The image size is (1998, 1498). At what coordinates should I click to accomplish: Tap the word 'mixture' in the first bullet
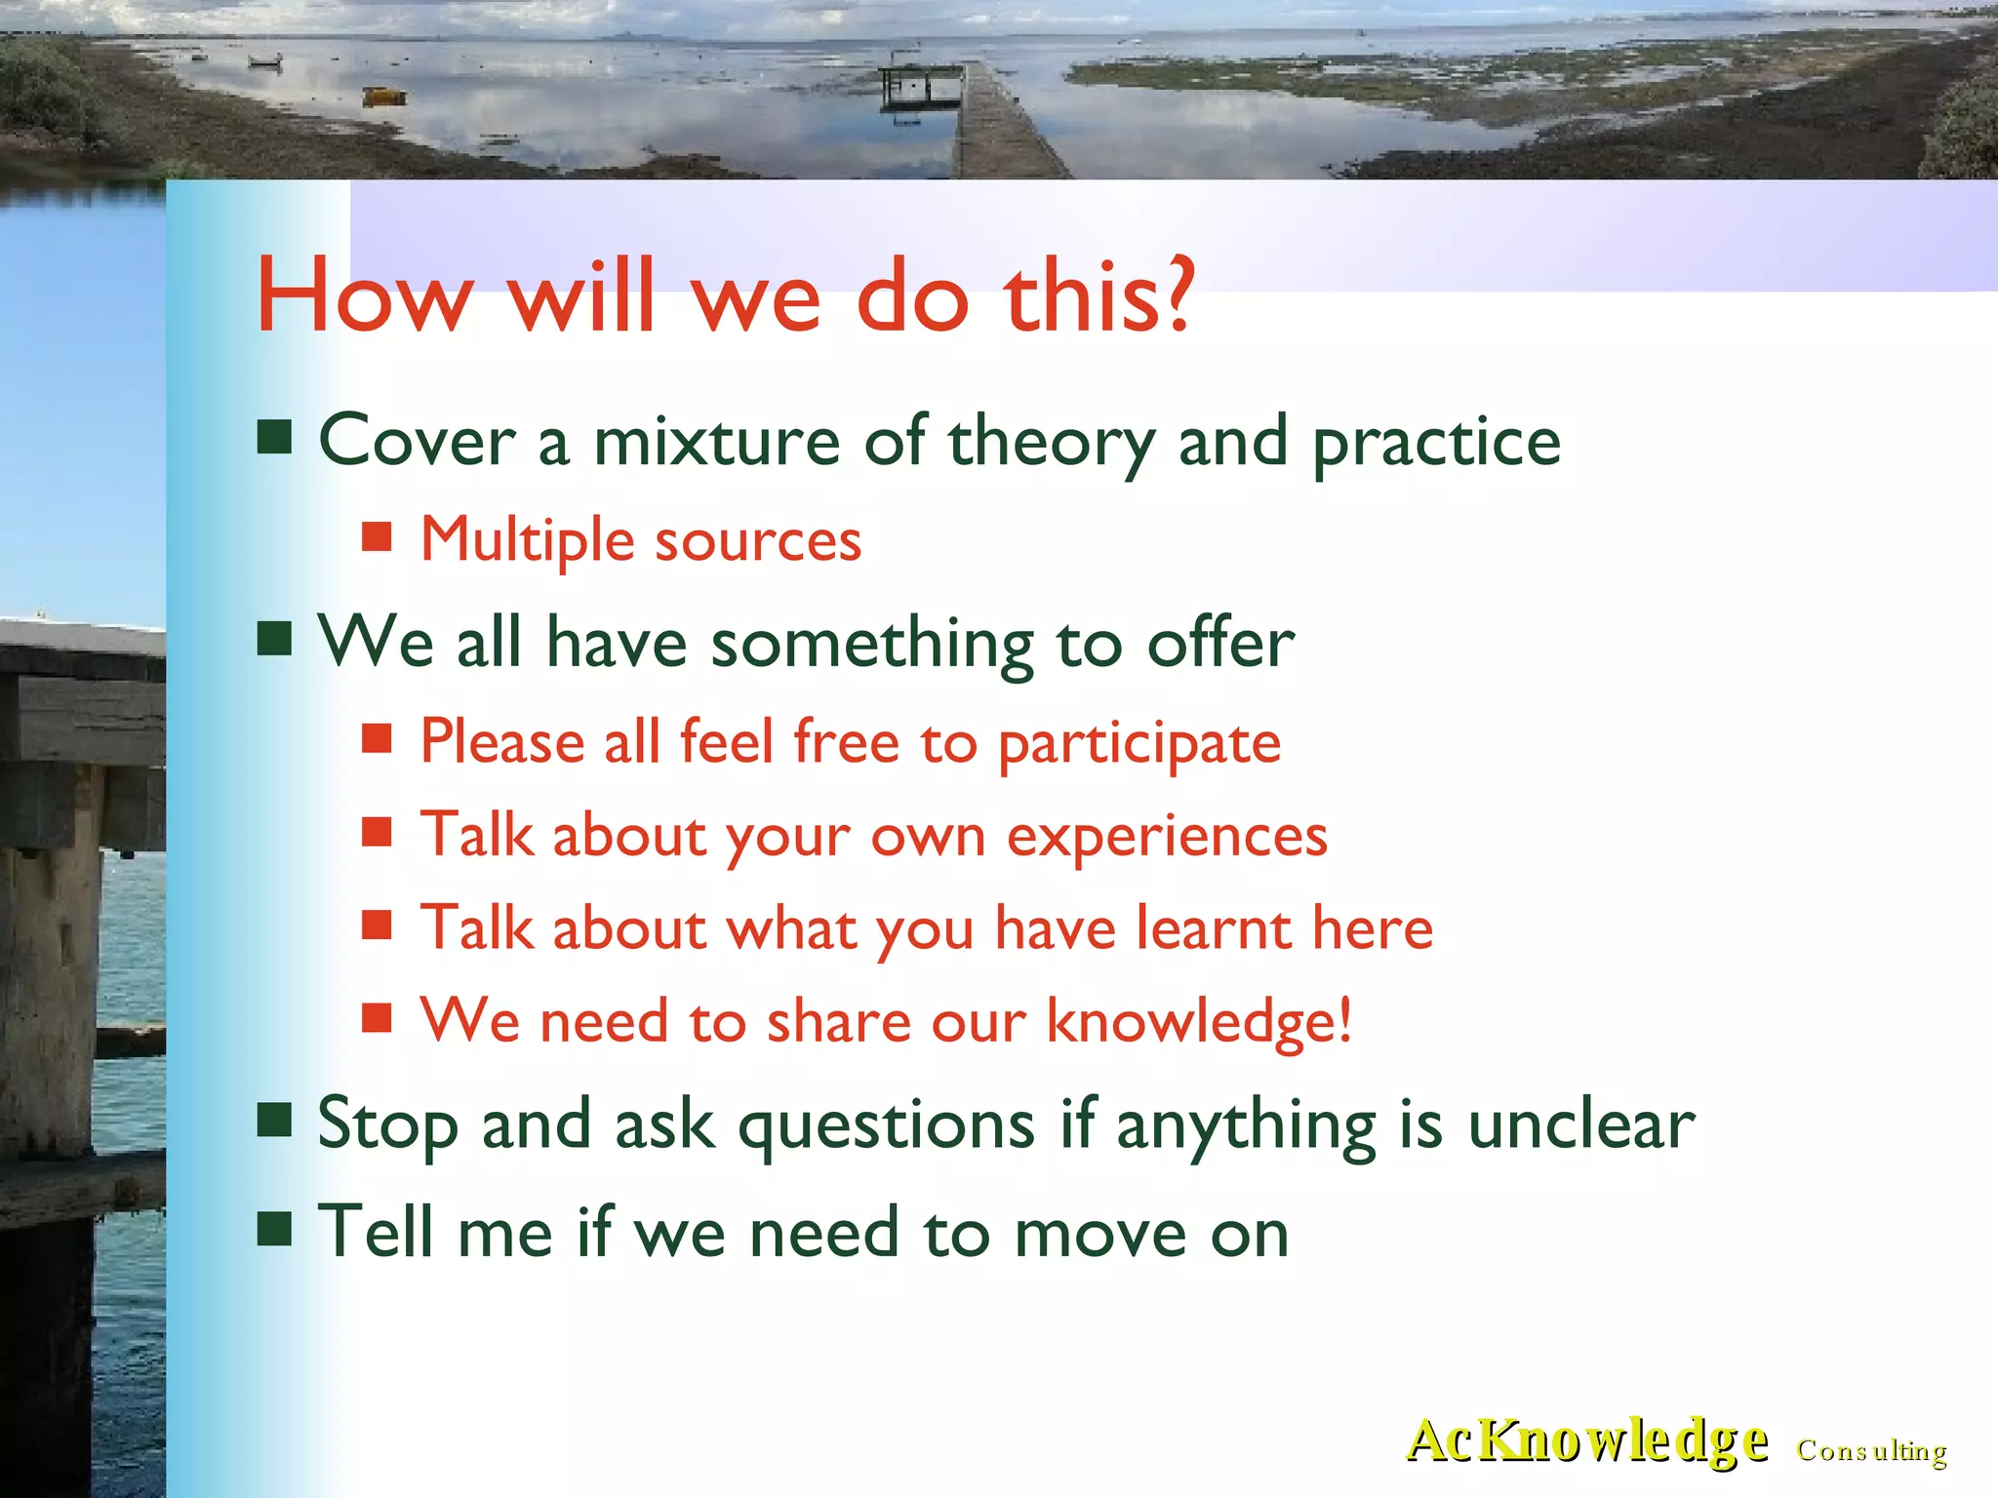[x=717, y=442]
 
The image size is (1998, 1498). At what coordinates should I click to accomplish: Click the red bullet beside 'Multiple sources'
[x=377, y=537]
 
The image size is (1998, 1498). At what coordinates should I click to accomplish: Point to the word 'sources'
[x=758, y=541]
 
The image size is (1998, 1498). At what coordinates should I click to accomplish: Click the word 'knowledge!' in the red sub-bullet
[x=1199, y=1022]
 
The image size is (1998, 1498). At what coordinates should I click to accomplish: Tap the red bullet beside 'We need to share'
[x=377, y=1018]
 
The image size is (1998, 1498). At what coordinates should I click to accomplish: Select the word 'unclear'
[x=1581, y=1125]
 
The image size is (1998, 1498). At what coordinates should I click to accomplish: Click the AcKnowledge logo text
[x=1586, y=1441]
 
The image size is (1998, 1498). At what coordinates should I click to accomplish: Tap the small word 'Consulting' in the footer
[x=1871, y=1451]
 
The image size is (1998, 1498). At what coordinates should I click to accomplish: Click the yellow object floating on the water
[x=384, y=96]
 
